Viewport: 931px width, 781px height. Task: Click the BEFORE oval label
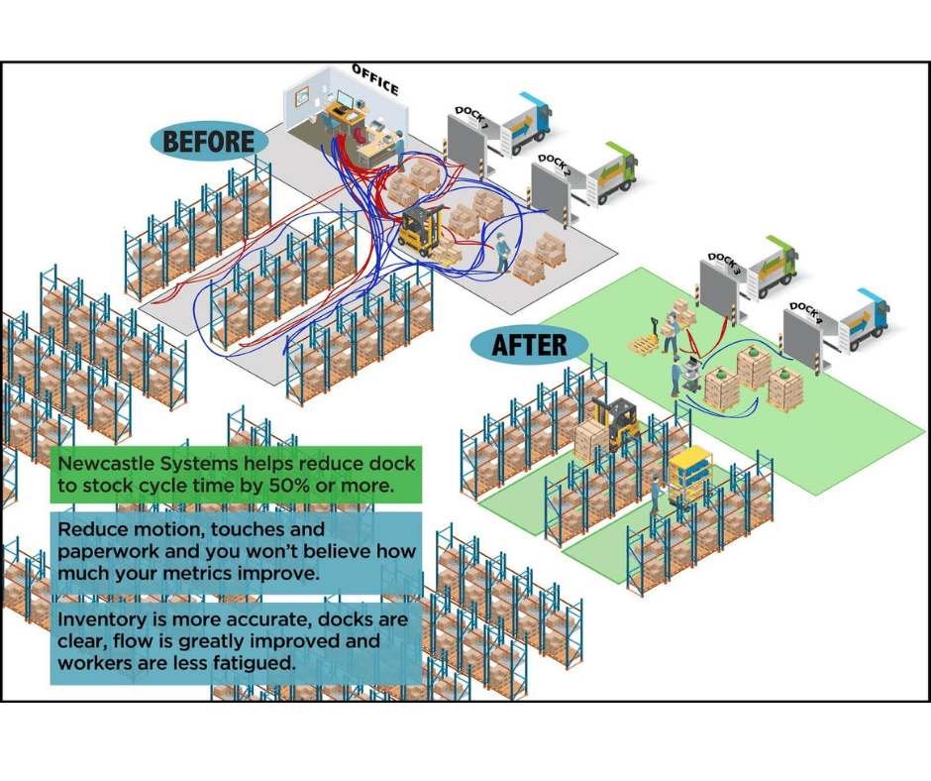pos(208,141)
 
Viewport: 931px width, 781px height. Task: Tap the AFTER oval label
pos(530,345)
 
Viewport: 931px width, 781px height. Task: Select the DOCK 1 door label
pos(469,117)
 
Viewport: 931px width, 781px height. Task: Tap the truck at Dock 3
pos(774,266)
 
